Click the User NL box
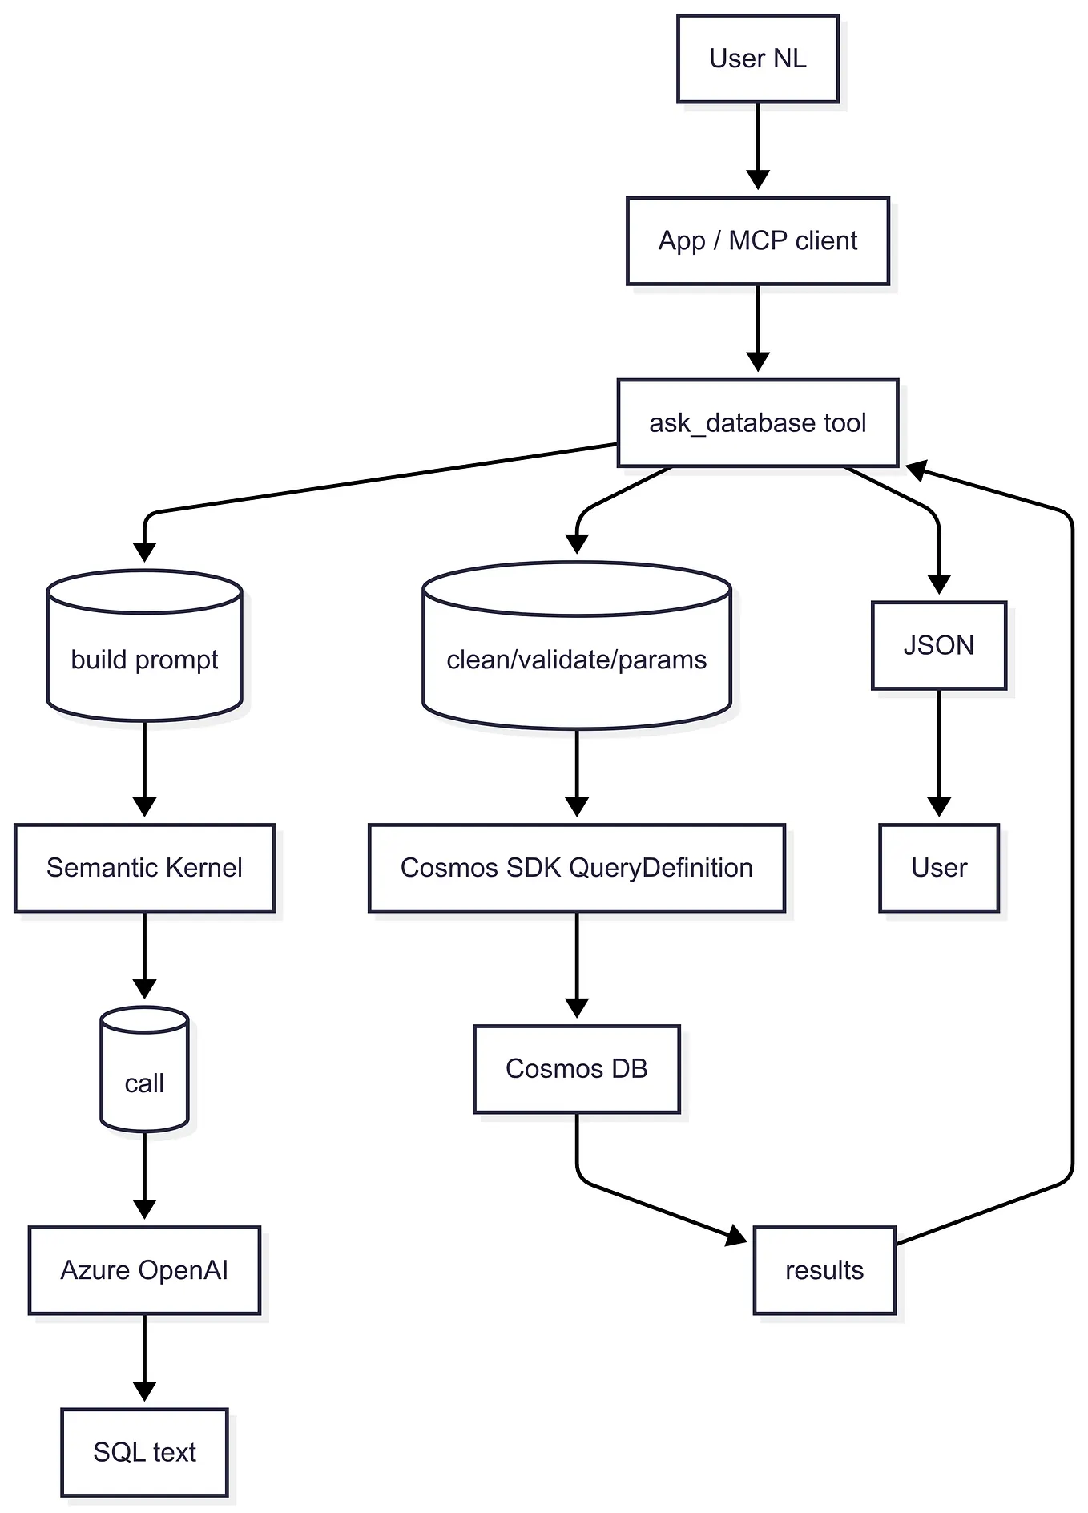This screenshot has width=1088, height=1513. tap(757, 59)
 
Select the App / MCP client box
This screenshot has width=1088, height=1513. tap(757, 240)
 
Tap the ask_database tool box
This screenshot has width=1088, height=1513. tap(757, 422)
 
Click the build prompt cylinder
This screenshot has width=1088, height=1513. tap(144, 659)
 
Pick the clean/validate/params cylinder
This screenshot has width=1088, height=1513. tap(576, 659)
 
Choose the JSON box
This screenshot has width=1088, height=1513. tap(938, 645)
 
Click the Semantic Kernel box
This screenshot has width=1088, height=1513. tap(144, 867)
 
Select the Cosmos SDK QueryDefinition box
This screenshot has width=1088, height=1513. tap(576, 867)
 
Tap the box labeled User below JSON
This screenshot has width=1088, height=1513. tap(938, 867)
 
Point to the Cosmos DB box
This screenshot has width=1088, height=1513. tap(576, 1068)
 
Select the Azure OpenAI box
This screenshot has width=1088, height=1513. tap(144, 1269)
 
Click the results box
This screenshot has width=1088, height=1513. tap(824, 1269)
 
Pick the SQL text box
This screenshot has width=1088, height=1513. tap(144, 1451)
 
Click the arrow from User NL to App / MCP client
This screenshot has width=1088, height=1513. tap(757, 144)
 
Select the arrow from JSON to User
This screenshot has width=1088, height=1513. tap(938, 753)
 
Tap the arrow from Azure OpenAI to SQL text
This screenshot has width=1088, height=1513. tap(144, 1358)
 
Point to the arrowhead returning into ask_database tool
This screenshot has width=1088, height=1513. tap(917, 470)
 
